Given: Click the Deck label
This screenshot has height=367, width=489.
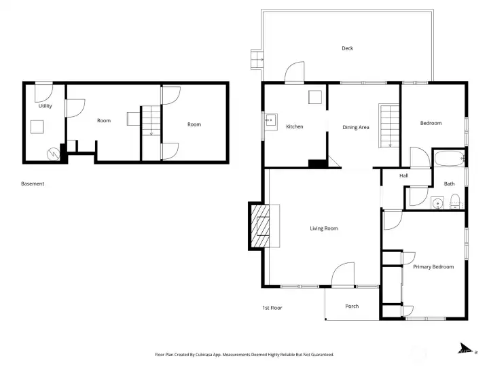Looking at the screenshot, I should click(347, 48).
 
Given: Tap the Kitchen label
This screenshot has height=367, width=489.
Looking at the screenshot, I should click(294, 126).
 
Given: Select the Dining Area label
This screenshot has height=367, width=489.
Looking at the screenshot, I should click(355, 126).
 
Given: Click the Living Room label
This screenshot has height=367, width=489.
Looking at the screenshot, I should click(324, 228).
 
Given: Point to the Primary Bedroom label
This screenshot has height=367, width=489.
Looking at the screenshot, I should click(433, 266).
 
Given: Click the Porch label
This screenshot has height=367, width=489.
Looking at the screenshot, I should click(352, 306).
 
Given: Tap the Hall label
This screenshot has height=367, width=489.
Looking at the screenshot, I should click(403, 175).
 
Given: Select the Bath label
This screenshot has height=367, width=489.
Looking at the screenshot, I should click(449, 183).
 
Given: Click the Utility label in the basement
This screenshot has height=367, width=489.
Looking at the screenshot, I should click(45, 106).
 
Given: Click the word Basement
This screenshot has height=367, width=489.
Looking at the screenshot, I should click(32, 183).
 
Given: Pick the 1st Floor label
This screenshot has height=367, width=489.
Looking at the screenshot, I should click(272, 308).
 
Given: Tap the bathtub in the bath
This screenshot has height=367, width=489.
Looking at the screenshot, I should click(448, 160).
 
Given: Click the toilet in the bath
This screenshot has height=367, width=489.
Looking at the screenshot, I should click(455, 200).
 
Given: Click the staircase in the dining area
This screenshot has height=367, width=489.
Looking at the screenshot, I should click(388, 126).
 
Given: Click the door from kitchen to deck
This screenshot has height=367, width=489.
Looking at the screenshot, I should click(295, 73).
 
